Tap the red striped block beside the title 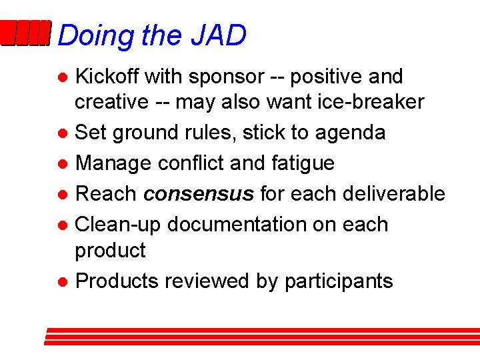point(25,34)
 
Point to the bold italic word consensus point(199,194)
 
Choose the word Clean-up point(117,225)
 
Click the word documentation point(243,225)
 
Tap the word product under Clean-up point(110,251)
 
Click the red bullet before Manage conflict point(61,163)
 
